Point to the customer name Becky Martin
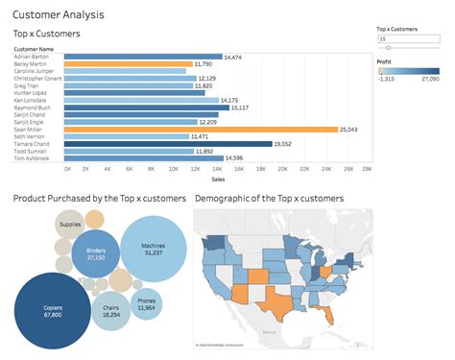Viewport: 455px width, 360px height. tap(32, 64)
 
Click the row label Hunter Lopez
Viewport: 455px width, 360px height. tap(32, 93)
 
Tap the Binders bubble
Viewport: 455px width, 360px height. tap(96, 253)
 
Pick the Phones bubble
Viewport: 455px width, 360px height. tap(147, 303)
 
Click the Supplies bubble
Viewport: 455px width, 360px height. tap(70, 227)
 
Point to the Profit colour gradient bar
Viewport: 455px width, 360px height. tap(412, 70)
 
